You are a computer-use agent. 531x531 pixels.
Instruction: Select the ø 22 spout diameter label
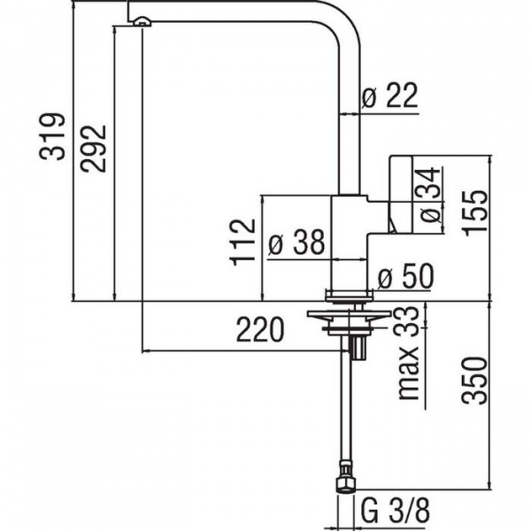point(389,98)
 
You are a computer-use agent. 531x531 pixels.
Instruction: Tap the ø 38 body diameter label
point(295,243)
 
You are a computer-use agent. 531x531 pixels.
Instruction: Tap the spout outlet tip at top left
point(141,20)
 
